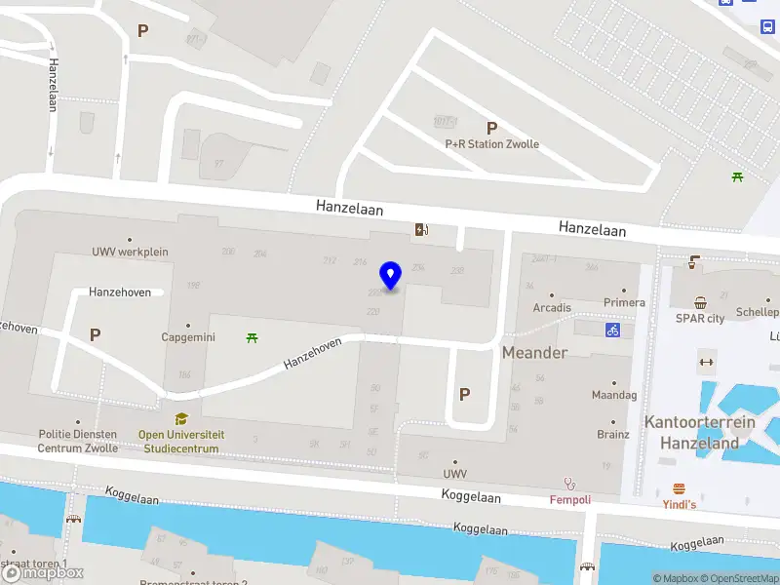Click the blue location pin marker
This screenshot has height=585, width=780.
[391, 276]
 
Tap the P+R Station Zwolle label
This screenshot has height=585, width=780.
[491, 144]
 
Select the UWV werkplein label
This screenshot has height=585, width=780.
[130, 252]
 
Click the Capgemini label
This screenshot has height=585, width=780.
[188, 337]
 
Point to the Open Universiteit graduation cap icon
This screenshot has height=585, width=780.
[181, 419]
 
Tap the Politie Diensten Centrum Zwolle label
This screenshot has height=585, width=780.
[78, 441]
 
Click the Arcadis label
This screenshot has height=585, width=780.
[552, 308]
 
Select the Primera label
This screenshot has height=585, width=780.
[624, 302]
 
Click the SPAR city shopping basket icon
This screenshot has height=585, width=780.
[700, 302]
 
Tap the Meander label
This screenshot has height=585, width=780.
[534, 352]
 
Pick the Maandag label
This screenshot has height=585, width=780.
[614, 395]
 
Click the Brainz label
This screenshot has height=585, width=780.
[613, 434]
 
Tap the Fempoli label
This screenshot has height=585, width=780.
[570, 498]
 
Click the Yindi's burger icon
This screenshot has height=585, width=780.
[679, 488]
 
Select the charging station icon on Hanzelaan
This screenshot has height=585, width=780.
[421, 230]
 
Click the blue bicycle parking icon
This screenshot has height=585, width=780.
[612, 330]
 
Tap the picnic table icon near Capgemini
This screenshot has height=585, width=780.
[253, 337]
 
